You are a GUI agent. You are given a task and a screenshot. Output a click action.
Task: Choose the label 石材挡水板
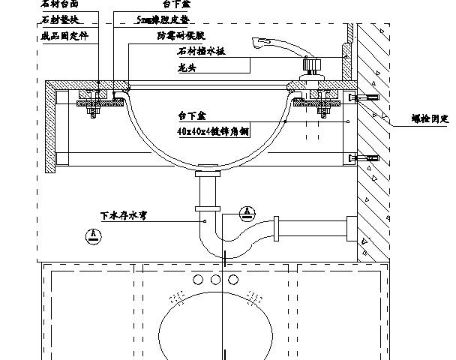(x=200, y=52)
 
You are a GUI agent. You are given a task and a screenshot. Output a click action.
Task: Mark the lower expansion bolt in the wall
(x=367, y=158)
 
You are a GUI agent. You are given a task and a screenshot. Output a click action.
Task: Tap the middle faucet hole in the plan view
(x=214, y=280)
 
